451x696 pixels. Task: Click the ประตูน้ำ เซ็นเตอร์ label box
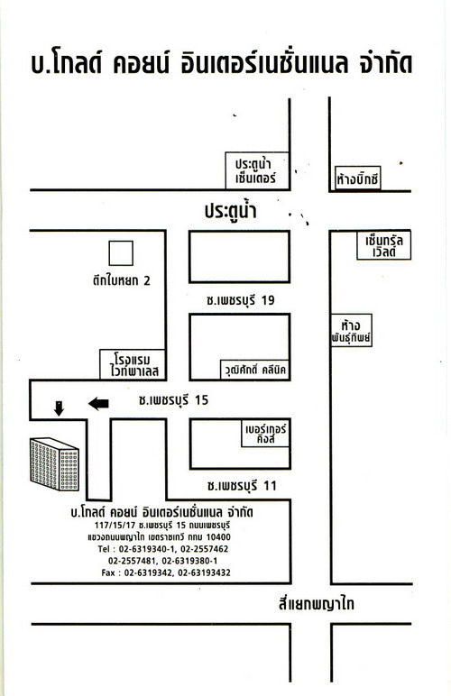[x=257, y=171]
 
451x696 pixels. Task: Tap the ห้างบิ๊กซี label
[x=357, y=179]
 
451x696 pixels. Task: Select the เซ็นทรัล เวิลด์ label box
[x=384, y=246]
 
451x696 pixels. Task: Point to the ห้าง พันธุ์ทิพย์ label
[x=351, y=330]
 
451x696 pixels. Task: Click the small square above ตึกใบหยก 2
[x=121, y=253]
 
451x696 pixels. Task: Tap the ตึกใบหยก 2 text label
[x=121, y=280]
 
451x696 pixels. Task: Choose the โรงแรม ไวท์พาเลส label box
[x=133, y=364]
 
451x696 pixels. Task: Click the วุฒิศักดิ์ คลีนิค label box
[x=254, y=370]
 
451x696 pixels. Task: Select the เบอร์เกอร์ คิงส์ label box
[x=265, y=434]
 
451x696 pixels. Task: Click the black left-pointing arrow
[x=98, y=404]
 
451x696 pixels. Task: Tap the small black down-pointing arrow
[x=59, y=408]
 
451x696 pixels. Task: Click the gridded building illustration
[x=54, y=464]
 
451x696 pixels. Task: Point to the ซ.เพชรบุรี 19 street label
[x=241, y=300]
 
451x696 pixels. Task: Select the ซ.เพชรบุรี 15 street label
[x=173, y=400]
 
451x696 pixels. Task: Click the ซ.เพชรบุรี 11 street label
[x=242, y=486]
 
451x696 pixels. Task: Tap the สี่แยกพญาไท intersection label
[x=316, y=604]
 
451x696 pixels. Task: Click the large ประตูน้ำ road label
[x=230, y=210]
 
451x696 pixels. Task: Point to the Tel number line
[x=163, y=549]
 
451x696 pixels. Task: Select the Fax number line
[x=166, y=572]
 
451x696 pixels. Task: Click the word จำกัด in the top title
[x=386, y=63]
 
